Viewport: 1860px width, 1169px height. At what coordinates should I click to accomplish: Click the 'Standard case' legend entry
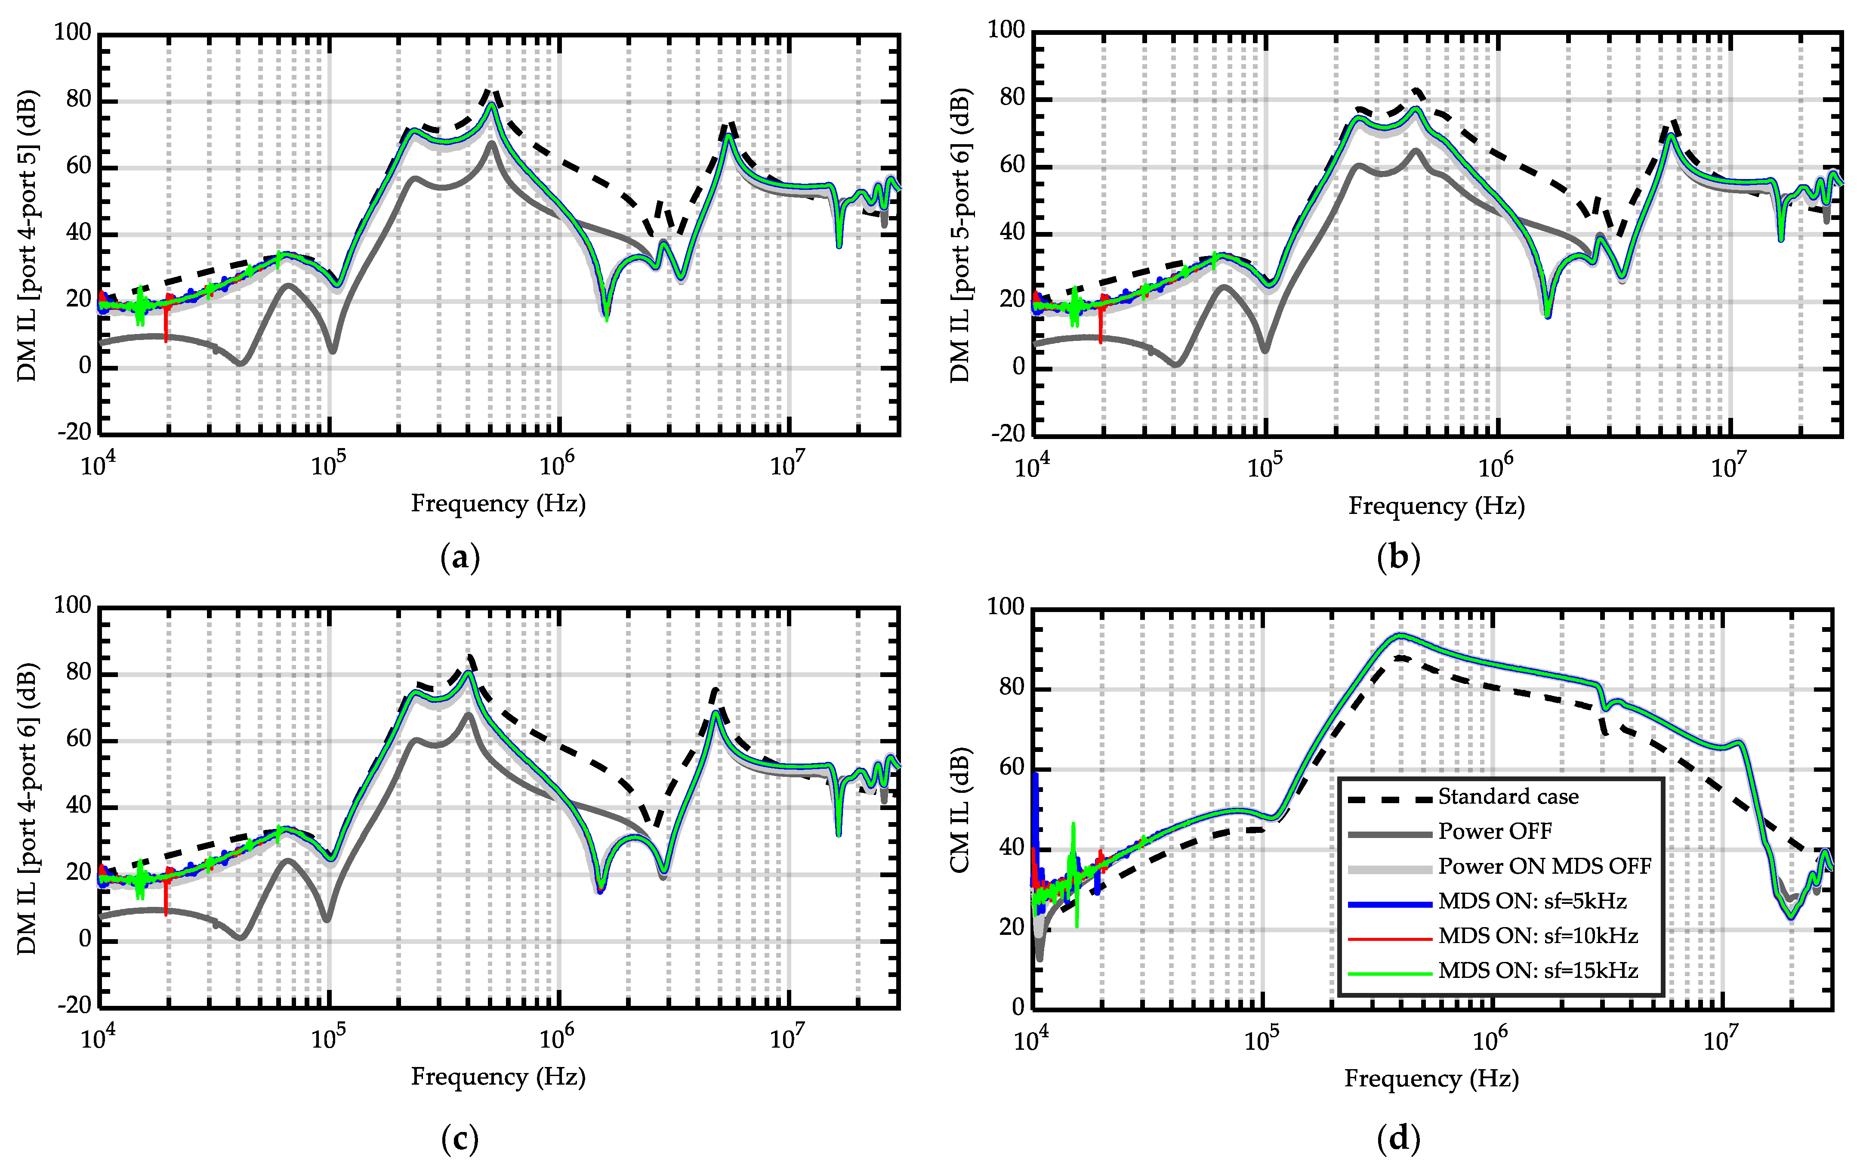tap(1507, 797)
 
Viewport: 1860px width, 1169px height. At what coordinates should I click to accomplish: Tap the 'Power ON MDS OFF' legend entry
tap(1543, 866)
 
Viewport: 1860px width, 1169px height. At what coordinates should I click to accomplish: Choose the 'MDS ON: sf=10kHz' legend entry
tap(1537, 936)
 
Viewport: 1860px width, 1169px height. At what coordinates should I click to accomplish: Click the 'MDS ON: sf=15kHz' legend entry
tap(1537, 971)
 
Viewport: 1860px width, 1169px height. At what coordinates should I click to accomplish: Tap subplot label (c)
tap(460, 1138)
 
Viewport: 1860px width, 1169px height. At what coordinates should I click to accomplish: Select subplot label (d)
tap(1398, 1138)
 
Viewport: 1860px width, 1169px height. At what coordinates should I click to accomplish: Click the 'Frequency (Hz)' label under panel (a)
tap(498, 504)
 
